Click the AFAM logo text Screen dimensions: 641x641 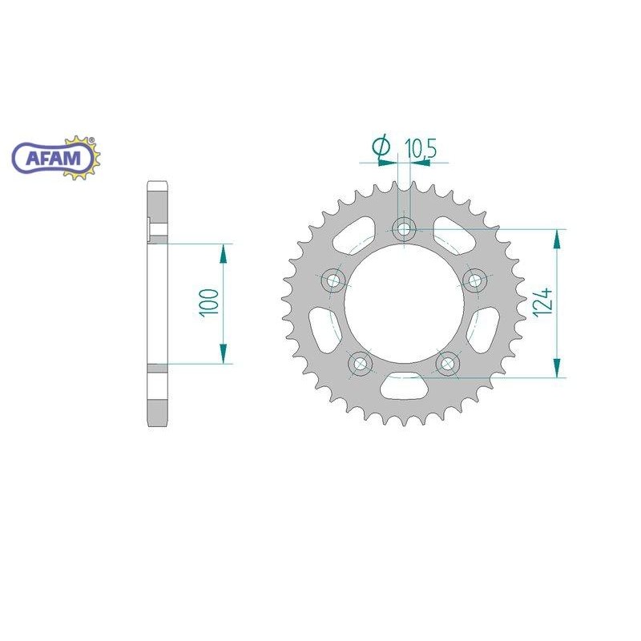(x=53, y=158)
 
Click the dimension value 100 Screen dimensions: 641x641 (x=209, y=303)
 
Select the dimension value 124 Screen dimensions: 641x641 (x=543, y=302)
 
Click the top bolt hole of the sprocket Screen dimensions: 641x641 (x=404, y=229)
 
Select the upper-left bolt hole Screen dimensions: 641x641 (x=333, y=280)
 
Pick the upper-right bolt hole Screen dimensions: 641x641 (x=474, y=280)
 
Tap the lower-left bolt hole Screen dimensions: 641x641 (x=361, y=363)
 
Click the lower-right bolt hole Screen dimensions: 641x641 (x=448, y=363)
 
